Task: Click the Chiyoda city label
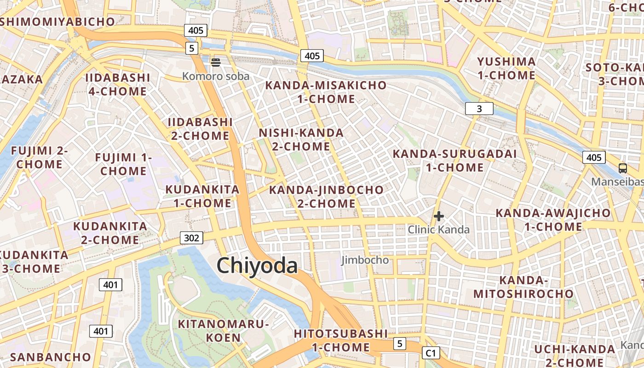click(x=257, y=266)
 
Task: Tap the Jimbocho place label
click(x=365, y=260)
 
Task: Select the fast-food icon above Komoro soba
click(x=216, y=62)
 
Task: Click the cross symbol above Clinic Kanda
click(x=439, y=216)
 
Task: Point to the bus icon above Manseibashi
click(x=623, y=168)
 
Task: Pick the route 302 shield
click(x=191, y=238)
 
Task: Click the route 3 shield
click(x=479, y=109)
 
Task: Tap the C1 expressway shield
click(x=431, y=353)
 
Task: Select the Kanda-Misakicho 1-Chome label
click(x=326, y=92)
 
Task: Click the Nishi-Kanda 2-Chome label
click(x=301, y=140)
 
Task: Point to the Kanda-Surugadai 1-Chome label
click(x=454, y=161)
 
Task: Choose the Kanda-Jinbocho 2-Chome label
click(x=326, y=196)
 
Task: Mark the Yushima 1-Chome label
click(x=506, y=69)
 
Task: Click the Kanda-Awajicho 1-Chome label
click(x=553, y=220)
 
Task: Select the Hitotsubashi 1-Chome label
click(x=341, y=340)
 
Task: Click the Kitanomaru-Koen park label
click(x=223, y=331)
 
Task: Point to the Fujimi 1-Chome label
click(x=123, y=164)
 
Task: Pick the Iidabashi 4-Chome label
click(x=118, y=84)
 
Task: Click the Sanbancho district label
click(x=51, y=357)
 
